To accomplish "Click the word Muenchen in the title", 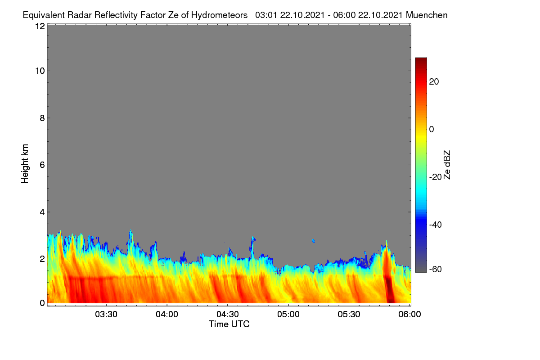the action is [427, 15].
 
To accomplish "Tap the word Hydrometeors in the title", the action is [219, 15].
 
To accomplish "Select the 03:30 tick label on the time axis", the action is [106, 315].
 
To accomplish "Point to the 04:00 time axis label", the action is [167, 315].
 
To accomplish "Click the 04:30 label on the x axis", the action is [228, 315].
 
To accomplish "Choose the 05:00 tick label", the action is [288, 315].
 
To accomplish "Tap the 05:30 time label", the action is [349, 315].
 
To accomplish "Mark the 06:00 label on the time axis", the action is [409, 315].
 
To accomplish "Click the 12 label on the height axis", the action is [40, 26].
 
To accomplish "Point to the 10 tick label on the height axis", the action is [40, 71].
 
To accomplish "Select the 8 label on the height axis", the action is [42, 118].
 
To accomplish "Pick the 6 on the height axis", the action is [42, 165].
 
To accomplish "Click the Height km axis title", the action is [25, 164].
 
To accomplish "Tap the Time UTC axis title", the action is [229, 324].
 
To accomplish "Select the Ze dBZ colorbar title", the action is [447, 165].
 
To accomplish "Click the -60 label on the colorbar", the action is [436, 270].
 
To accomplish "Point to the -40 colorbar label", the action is [436, 225].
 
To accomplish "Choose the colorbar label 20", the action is [434, 82].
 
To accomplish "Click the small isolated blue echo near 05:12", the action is [313, 241].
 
